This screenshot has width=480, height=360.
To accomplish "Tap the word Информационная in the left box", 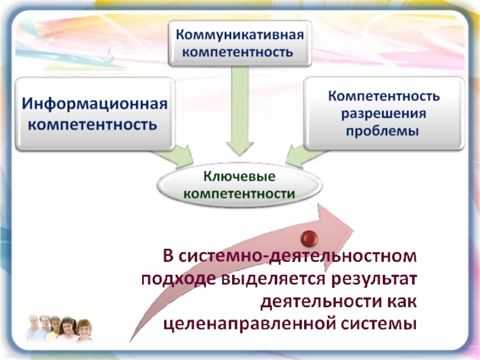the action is pyautogui.click(x=95, y=103).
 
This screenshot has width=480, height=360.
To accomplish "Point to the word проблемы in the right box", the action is pyautogui.click(x=383, y=130).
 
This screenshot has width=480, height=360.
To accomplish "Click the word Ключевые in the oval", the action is pyautogui.click(x=239, y=177).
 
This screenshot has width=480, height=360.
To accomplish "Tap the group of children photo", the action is pyautogui.click(x=58, y=328).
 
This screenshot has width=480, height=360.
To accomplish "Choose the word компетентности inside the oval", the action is pyautogui.click(x=239, y=194).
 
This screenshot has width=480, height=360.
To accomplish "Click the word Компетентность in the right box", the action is pyautogui.click(x=383, y=96).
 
